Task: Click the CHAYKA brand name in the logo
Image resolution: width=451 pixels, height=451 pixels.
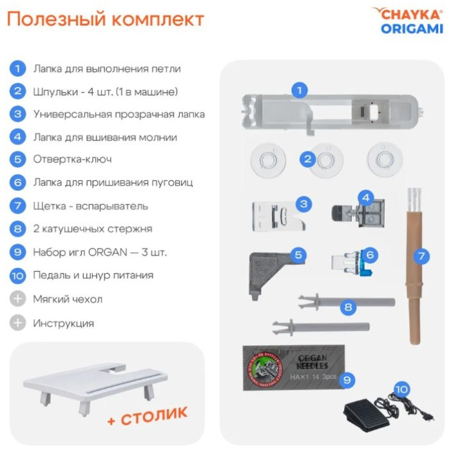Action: pos(411,14)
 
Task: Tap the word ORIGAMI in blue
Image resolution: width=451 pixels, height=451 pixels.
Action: pos(412,29)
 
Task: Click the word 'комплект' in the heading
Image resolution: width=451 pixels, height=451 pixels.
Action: pos(158,19)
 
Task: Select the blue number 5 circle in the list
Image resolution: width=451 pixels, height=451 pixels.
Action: pos(17,159)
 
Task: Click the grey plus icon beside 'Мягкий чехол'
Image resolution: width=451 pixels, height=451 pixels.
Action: pos(17,299)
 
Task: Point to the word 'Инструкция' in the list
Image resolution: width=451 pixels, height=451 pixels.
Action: pos(64,323)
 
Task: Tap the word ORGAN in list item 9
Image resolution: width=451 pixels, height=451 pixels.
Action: pos(108,252)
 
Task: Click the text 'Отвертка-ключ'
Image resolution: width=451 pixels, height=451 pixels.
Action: pos(72,159)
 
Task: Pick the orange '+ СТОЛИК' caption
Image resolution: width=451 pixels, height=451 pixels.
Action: pos(148,416)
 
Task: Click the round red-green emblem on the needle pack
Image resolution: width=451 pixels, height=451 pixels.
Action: pos(263,368)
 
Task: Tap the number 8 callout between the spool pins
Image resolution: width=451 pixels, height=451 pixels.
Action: pos(348,307)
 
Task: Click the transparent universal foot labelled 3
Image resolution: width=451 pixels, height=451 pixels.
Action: pos(276,216)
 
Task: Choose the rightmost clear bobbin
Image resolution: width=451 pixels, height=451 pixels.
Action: pos(385,160)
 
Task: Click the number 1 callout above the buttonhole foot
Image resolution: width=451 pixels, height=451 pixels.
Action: pos(300,90)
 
